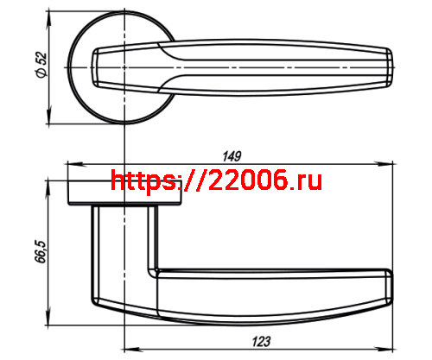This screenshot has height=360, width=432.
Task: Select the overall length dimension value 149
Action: pyautogui.click(x=232, y=155)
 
